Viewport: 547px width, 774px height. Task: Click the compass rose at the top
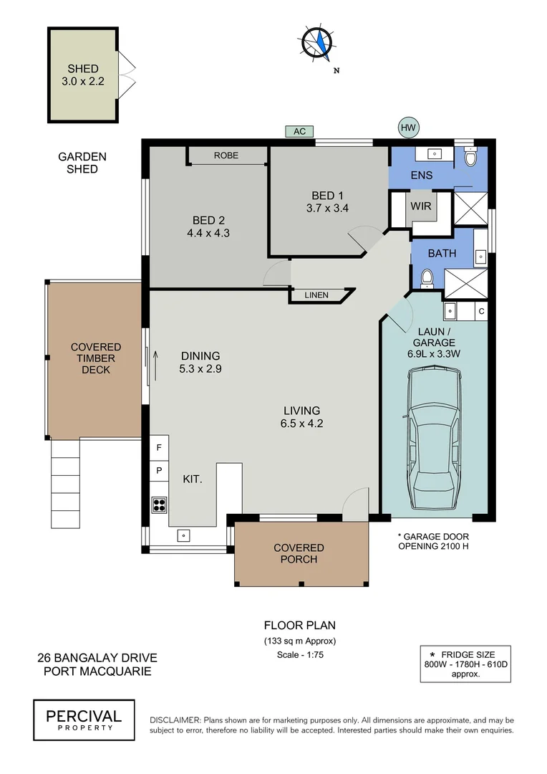(316, 42)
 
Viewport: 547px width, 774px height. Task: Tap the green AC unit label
(299, 131)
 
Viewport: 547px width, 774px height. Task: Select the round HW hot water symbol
(408, 128)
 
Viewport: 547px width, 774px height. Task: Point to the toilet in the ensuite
(470, 158)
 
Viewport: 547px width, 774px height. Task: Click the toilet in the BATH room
(428, 277)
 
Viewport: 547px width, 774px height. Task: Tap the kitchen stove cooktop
(159, 504)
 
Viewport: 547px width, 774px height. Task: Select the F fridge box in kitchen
(159, 448)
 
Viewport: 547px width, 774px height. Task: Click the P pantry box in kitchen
(159, 471)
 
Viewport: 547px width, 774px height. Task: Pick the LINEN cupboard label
(316, 295)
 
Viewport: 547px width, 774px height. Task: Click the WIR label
(420, 206)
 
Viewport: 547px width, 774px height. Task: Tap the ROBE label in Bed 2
(226, 156)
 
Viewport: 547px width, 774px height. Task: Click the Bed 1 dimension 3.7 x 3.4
(327, 209)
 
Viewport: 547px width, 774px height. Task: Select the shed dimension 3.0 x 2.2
(83, 81)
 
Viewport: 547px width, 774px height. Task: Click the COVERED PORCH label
(299, 553)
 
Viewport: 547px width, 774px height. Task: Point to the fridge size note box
(465, 664)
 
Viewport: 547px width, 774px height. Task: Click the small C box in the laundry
(481, 311)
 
